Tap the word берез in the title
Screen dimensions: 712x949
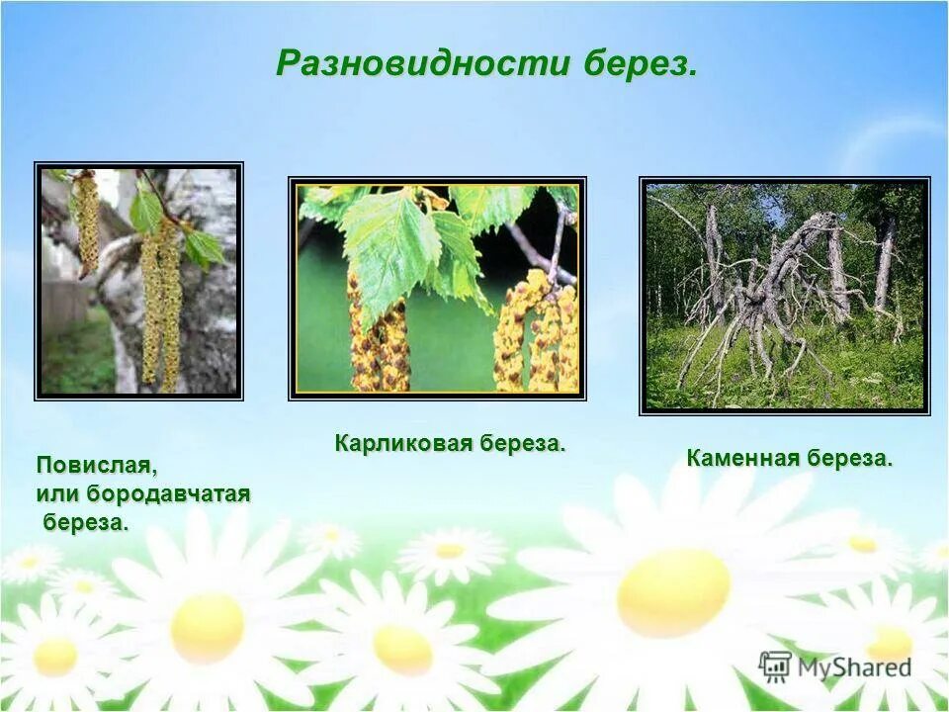639,64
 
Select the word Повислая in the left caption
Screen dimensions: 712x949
97,464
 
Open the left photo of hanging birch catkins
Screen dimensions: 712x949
138,281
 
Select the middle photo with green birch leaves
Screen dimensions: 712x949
437,288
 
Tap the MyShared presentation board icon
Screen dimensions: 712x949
775,666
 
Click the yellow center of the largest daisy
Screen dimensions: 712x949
673,592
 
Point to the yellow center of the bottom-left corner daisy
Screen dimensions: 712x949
55,657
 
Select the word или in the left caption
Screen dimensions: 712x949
57,492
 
